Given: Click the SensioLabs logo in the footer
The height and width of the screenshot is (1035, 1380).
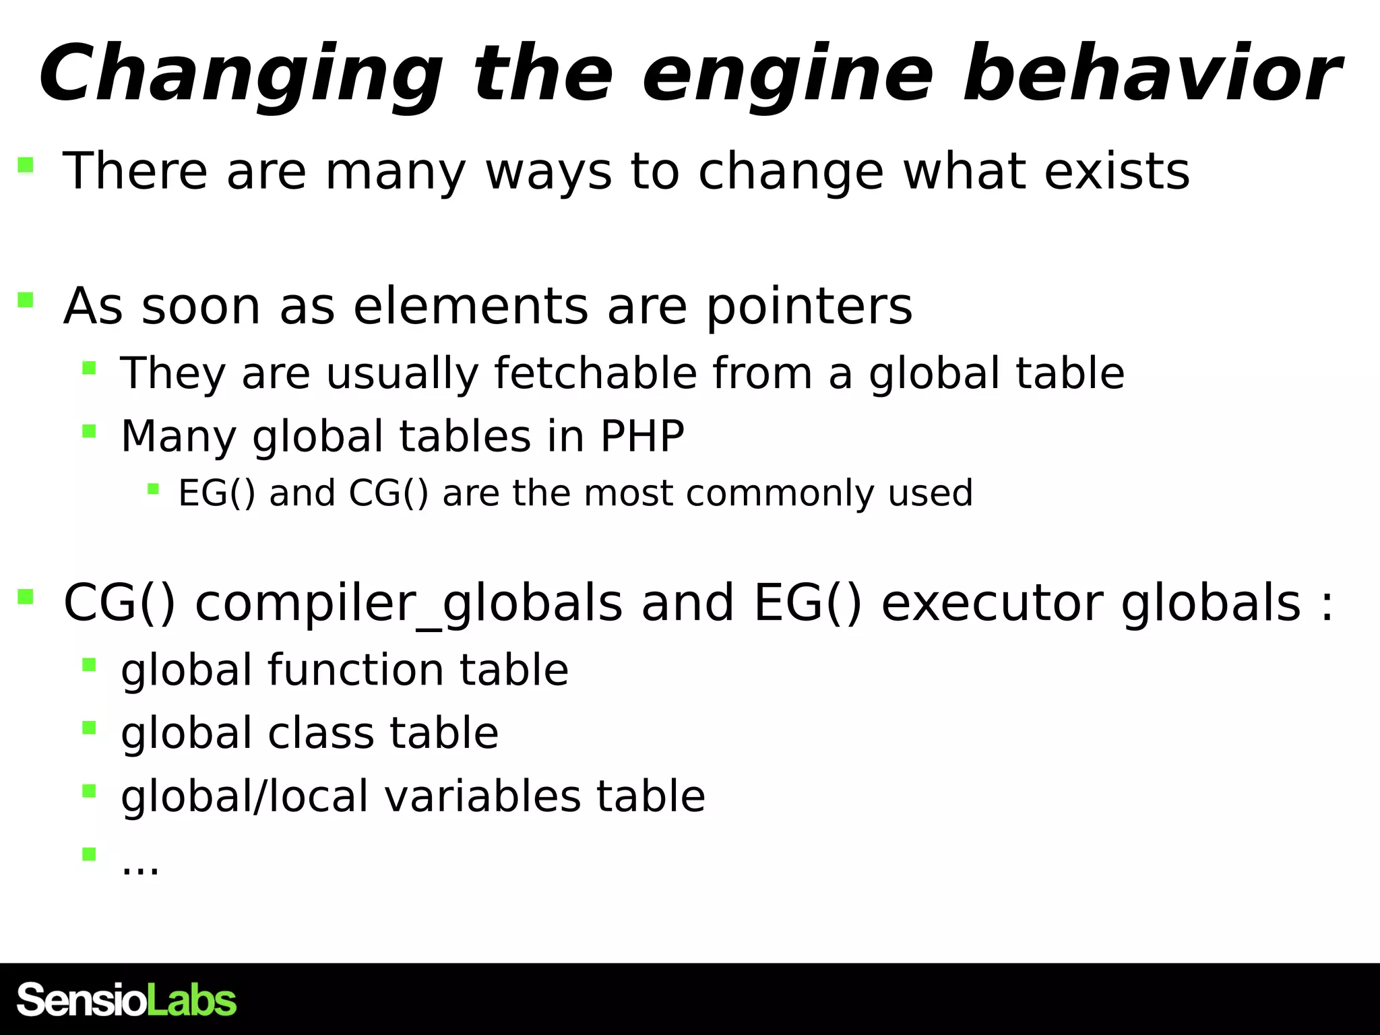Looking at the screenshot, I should click(x=127, y=1000).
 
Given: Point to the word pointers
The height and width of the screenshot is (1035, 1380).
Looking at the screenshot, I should click(x=809, y=307).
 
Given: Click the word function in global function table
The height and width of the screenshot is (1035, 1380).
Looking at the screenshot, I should click(x=356, y=670).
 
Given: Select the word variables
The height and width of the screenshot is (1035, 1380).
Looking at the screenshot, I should click(x=482, y=796).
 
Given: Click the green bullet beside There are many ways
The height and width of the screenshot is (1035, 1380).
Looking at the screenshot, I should click(x=26, y=164).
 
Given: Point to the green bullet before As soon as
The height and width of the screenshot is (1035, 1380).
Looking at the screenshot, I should click(x=26, y=300).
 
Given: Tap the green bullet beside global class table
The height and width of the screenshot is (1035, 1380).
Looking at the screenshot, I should click(x=89, y=728).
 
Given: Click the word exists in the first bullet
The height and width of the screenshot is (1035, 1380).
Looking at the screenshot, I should click(x=1117, y=171).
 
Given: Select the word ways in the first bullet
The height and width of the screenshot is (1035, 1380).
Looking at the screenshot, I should click(x=548, y=172).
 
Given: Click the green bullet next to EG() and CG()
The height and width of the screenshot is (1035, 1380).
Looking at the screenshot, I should click(x=153, y=489).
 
